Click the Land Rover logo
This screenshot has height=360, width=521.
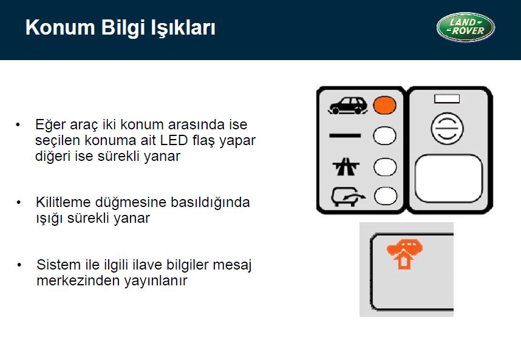pos(466,27)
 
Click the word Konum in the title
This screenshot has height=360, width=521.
pos(60,27)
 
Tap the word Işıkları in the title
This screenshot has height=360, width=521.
pos(183,27)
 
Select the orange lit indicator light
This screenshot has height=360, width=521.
pos(384,105)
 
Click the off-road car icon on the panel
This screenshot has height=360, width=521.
pos(348,106)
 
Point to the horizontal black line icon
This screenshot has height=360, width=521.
pos(345,135)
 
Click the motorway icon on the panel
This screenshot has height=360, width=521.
pos(346,166)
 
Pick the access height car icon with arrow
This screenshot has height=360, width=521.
pos(348,197)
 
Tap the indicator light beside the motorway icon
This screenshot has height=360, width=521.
pos(385,167)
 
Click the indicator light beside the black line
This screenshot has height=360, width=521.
pos(384,136)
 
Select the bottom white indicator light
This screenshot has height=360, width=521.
pos(386,196)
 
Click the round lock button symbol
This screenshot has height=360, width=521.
pos(448,129)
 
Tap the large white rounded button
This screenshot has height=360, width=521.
pos(449,178)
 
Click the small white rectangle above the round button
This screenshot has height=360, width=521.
pos(447,98)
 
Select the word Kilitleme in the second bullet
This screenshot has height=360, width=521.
pos(63,202)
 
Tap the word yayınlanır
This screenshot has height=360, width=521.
pos(156,281)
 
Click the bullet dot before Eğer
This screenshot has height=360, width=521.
pos(18,125)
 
